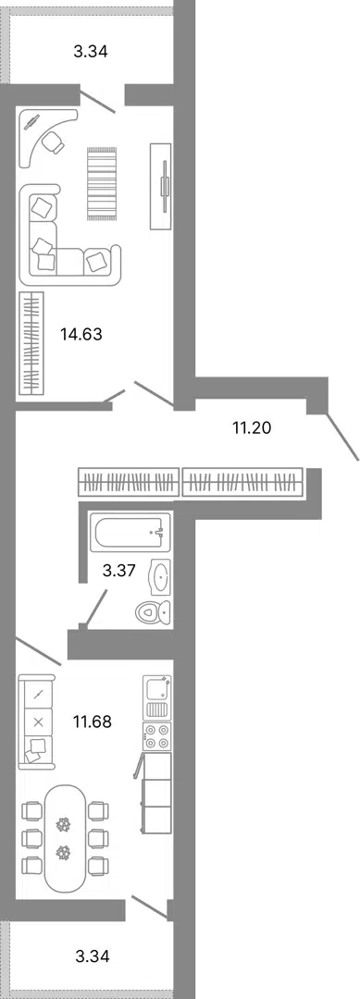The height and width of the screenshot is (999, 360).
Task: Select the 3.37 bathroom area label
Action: (x=119, y=570)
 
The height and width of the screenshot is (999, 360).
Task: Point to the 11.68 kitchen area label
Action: (x=93, y=721)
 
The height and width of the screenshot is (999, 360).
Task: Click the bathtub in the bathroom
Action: (x=130, y=532)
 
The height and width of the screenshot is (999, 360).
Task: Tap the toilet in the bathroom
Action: (x=154, y=612)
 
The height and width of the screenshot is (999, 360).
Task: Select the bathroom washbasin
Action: (x=160, y=577)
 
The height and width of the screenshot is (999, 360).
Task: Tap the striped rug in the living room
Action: (x=102, y=183)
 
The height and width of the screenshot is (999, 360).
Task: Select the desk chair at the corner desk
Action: (x=54, y=142)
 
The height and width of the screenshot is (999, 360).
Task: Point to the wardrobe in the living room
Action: (x=31, y=343)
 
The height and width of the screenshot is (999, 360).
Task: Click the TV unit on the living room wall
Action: (x=161, y=185)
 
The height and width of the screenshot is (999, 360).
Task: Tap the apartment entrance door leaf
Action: (x=342, y=437)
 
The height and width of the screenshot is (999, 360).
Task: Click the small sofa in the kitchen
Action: (x=36, y=721)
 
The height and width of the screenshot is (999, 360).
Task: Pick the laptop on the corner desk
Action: (x=31, y=122)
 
